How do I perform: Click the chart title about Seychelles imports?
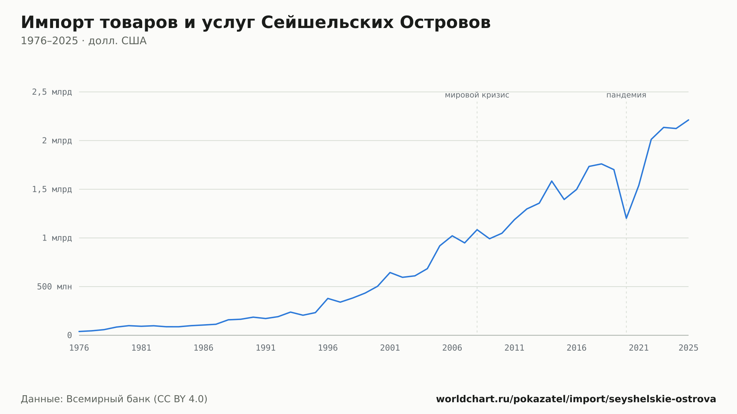click(x=256, y=22)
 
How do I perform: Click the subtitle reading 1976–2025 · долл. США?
click(x=84, y=41)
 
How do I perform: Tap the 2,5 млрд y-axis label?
click(x=52, y=92)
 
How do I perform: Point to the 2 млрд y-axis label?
click(x=57, y=141)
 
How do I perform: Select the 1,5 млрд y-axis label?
click(x=52, y=189)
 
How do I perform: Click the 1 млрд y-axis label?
click(x=57, y=238)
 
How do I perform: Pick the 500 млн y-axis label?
click(x=54, y=287)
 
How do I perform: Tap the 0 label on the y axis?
click(x=69, y=335)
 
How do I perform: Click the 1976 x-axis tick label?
click(x=79, y=348)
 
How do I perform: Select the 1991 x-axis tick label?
click(x=266, y=348)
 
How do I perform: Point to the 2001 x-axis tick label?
click(x=390, y=348)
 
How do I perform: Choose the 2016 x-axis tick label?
click(x=576, y=348)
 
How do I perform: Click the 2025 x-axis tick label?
click(x=688, y=348)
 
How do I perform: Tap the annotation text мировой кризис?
click(x=477, y=95)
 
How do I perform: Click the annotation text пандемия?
click(x=626, y=95)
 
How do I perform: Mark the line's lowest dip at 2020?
click(x=626, y=218)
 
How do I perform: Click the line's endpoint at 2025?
click(x=688, y=120)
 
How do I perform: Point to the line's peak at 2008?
click(x=477, y=229)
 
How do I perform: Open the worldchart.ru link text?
click(x=576, y=399)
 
